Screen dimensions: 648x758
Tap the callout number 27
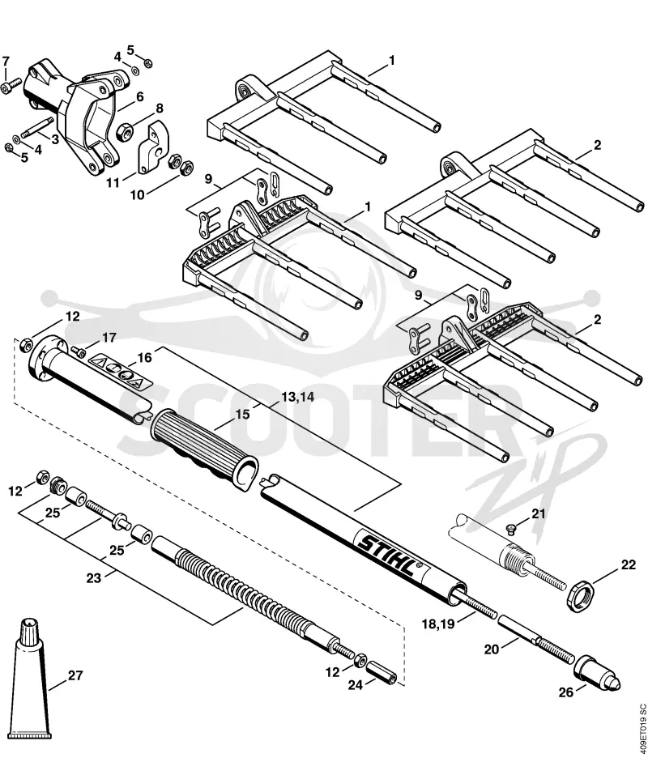click(x=75, y=675)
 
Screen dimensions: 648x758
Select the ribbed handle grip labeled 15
click(x=204, y=450)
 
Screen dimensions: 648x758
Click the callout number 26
click(x=566, y=692)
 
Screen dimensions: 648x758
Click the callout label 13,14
click(x=297, y=398)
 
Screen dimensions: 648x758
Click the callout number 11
click(x=113, y=183)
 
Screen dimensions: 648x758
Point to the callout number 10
click(x=137, y=195)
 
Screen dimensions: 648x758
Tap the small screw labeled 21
click(x=510, y=530)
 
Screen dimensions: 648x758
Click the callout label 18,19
click(x=438, y=624)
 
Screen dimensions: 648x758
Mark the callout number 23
click(x=94, y=577)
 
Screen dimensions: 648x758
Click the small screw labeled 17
click(x=78, y=349)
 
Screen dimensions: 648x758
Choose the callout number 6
click(x=140, y=97)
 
